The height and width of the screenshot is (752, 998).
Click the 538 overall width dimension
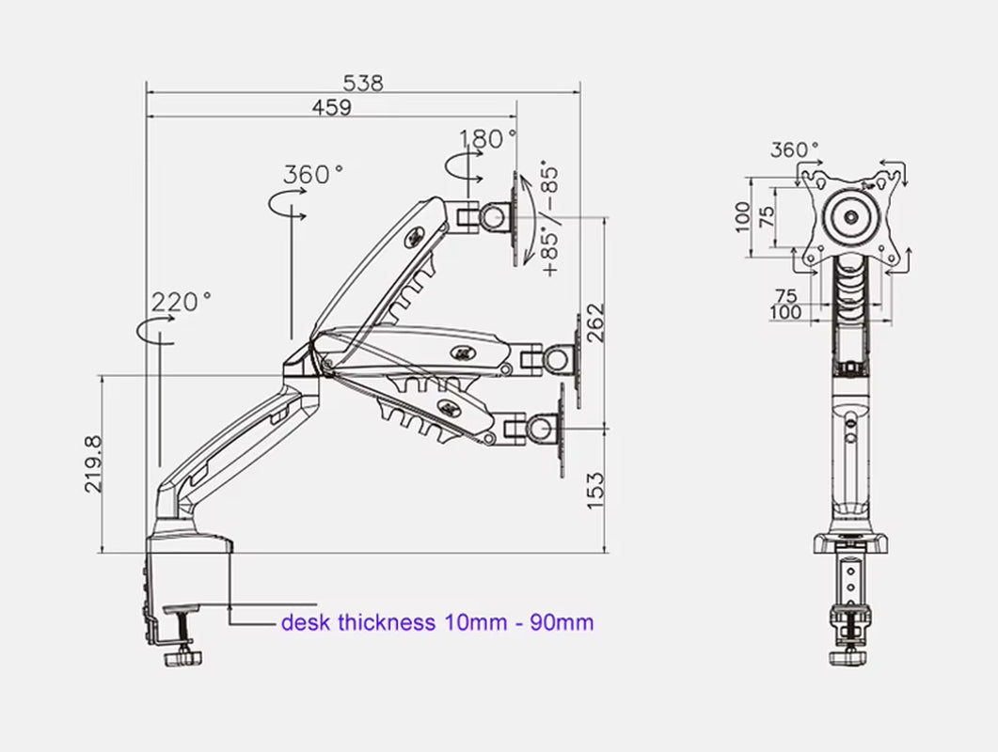click(362, 83)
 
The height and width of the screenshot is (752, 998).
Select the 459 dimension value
click(331, 107)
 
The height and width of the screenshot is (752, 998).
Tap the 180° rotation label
click(488, 139)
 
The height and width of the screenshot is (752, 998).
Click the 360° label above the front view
click(795, 149)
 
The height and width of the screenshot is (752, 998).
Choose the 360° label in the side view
click(313, 175)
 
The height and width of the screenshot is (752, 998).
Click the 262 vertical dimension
click(594, 322)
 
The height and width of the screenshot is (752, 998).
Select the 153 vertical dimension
click(594, 491)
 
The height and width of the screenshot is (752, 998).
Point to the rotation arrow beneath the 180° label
click(464, 168)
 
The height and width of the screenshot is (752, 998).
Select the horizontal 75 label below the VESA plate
click(785, 296)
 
